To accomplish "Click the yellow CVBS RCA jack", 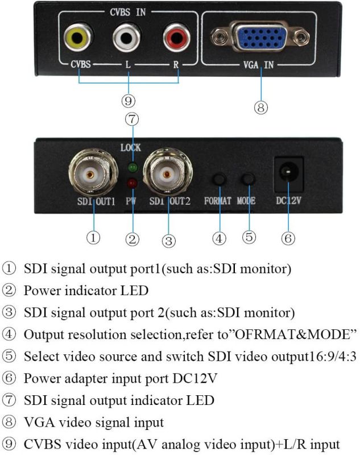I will [75, 39].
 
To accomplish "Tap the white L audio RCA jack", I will [126, 39].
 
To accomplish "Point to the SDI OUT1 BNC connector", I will [93, 175].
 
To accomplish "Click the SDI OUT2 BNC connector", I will [167, 175].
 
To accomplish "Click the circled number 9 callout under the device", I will [128, 101].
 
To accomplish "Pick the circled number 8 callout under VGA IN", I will [260, 107].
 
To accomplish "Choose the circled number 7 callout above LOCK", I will [131, 119].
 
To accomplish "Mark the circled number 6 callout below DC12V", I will [288, 238].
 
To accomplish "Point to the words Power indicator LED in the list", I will [86, 290].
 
